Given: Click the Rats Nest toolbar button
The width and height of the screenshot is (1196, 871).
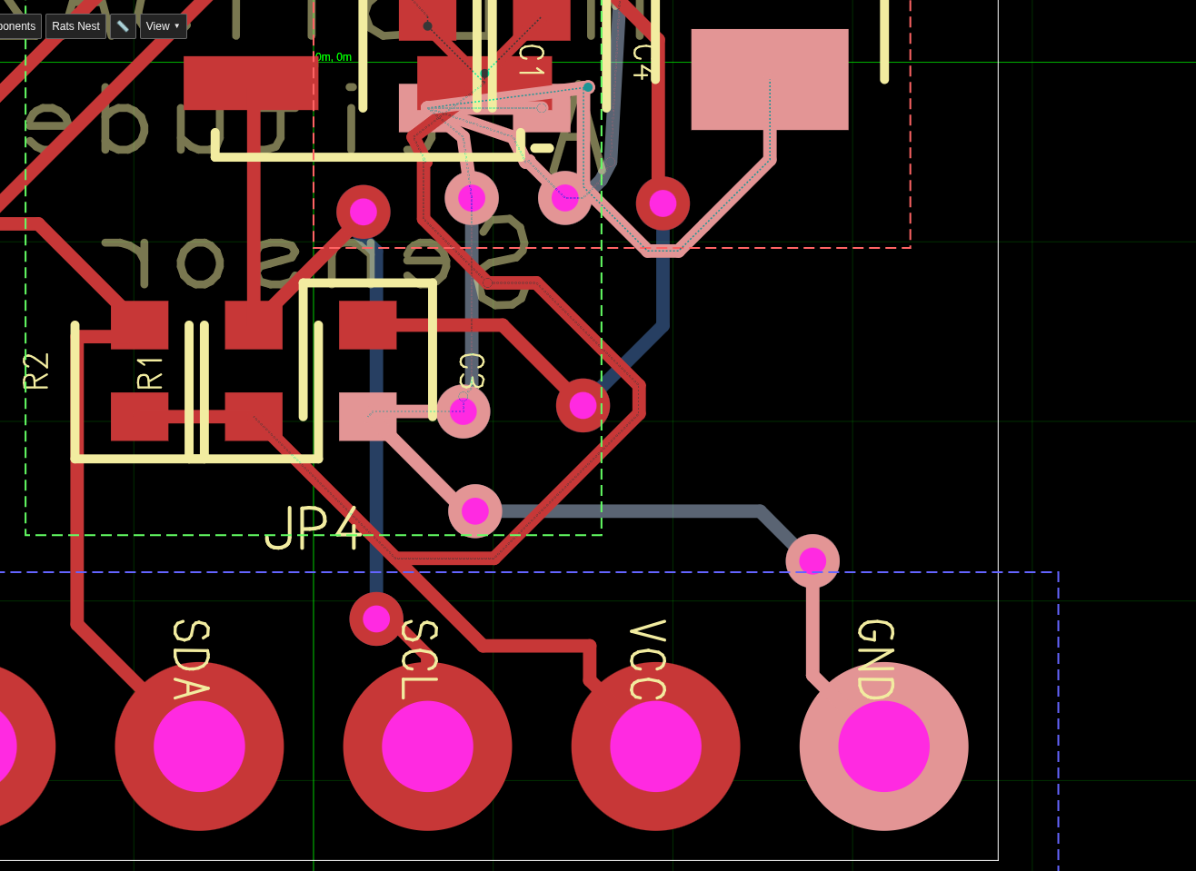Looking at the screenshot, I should click(75, 26).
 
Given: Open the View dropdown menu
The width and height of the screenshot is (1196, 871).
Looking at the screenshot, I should click(163, 26).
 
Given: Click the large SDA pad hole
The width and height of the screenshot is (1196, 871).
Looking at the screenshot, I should click(199, 746).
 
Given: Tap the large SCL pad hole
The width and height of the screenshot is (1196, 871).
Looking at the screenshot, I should click(427, 746).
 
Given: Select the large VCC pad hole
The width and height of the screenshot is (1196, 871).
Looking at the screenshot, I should click(655, 746).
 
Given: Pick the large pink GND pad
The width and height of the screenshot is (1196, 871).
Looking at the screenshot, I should click(883, 746).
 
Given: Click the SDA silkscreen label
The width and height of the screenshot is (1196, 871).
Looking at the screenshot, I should click(191, 659).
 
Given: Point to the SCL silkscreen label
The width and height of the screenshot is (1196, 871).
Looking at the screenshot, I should click(419, 659).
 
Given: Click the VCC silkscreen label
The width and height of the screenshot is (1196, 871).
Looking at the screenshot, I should click(647, 659).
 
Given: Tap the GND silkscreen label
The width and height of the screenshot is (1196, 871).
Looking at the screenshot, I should click(876, 659).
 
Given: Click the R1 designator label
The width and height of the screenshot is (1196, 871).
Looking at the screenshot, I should click(150, 373).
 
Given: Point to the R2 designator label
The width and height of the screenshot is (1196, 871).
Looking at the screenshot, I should click(36, 371).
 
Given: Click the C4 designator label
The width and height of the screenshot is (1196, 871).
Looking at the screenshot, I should click(642, 62).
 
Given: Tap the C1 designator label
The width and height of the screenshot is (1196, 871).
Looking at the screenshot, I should click(531, 60).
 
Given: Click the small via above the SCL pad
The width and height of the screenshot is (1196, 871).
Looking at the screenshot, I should click(376, 619).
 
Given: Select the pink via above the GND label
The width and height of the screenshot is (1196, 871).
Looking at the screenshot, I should click(812, 560).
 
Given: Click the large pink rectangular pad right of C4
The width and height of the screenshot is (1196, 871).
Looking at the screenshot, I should click(770, 79).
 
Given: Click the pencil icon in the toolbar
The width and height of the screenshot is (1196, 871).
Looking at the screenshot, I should click(123, 26).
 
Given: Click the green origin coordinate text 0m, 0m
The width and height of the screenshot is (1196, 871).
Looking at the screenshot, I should click(334, 57).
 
